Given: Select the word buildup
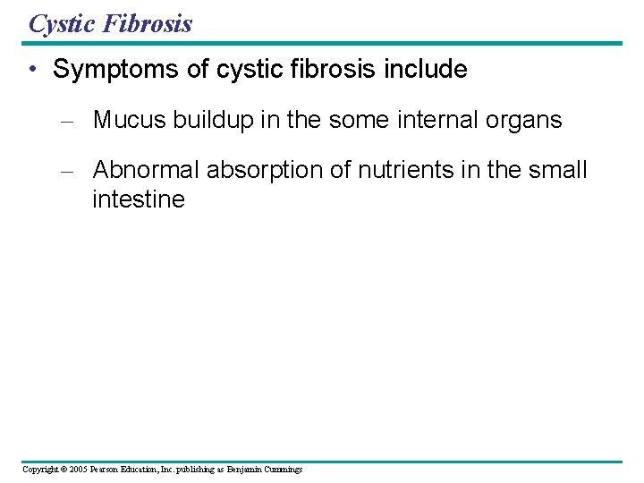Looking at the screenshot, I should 209,120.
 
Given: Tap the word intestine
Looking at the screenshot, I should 139,199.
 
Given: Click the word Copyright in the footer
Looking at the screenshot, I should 39,469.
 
